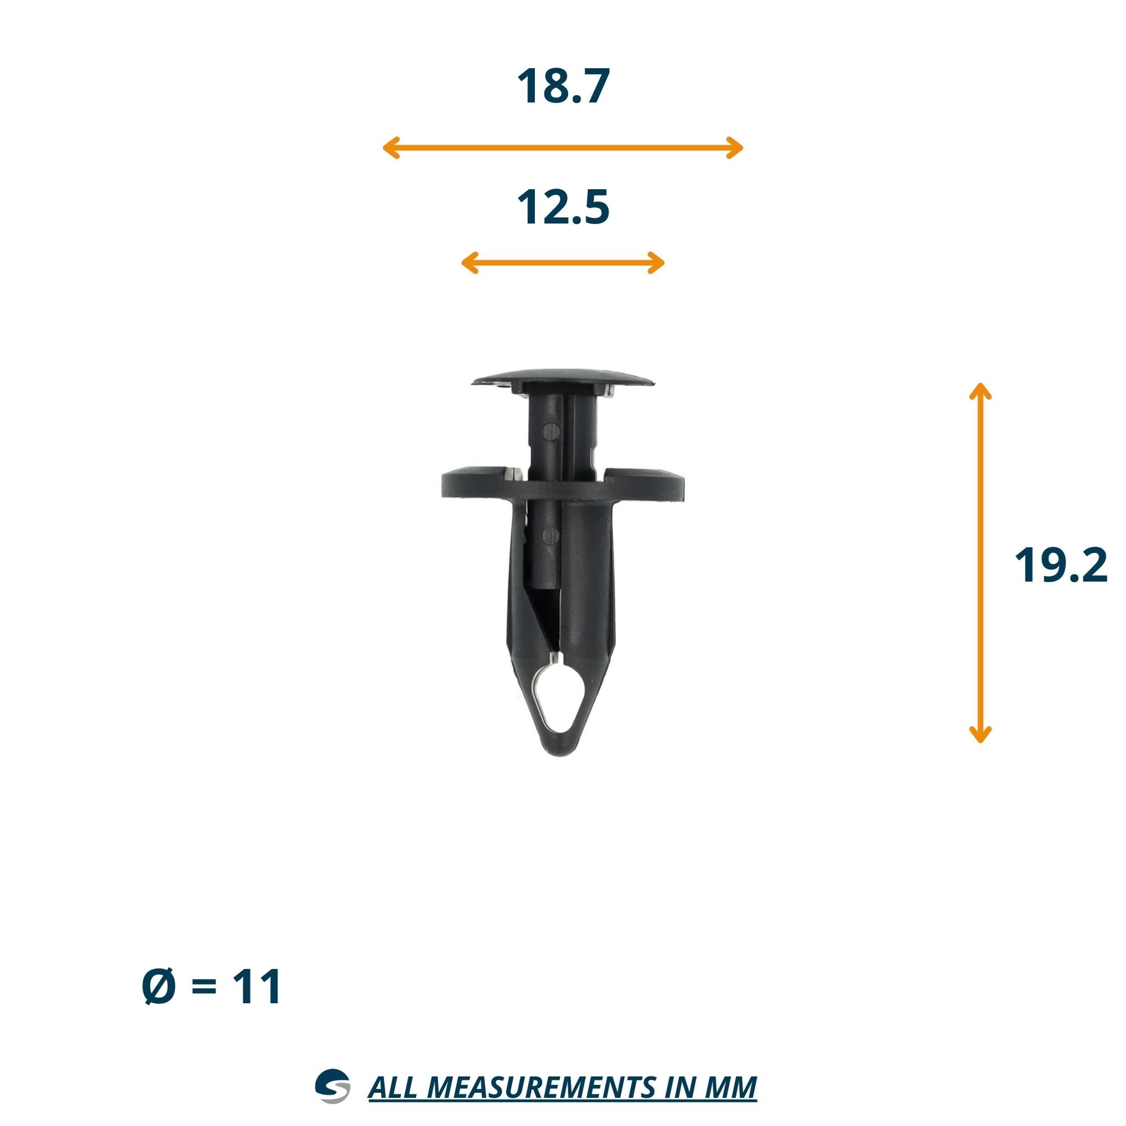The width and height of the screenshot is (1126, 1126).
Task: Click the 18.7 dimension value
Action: click(563, 87)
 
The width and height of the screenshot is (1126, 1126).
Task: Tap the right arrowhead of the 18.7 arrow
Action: click(735, 148)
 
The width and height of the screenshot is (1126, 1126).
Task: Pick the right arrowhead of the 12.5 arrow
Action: click(656, 263)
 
